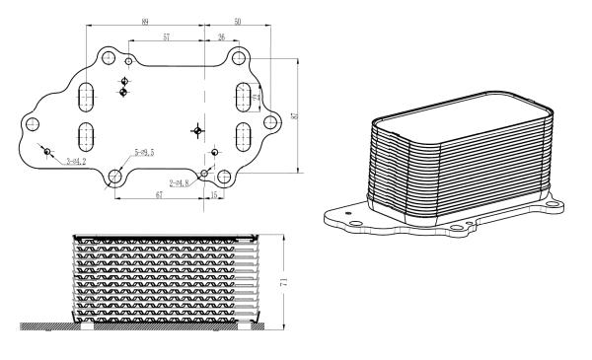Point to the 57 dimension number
167,36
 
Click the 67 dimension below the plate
158,195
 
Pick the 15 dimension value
215,195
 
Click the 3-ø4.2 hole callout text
76,161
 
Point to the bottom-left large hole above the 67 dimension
115,178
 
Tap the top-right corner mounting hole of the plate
237,59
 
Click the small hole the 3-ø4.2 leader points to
47,149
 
